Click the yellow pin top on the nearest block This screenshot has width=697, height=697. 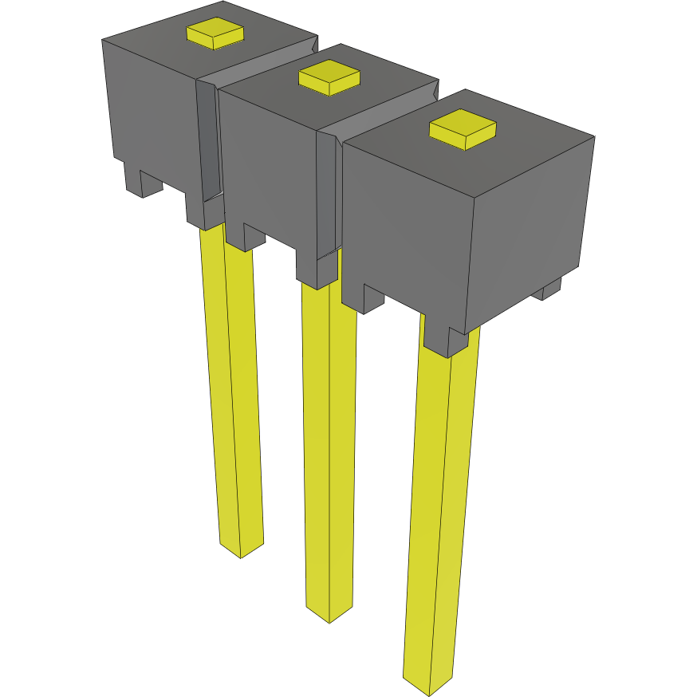(x=463, y=130)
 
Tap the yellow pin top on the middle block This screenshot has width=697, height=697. (x=329, y=77)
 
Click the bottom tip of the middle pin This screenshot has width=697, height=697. (x=329, y=614)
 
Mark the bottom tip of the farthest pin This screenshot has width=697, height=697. (x=241, y=550)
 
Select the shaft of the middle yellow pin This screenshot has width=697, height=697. (x=329, y=447)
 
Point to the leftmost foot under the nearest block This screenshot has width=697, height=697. (x=364, y=299)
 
